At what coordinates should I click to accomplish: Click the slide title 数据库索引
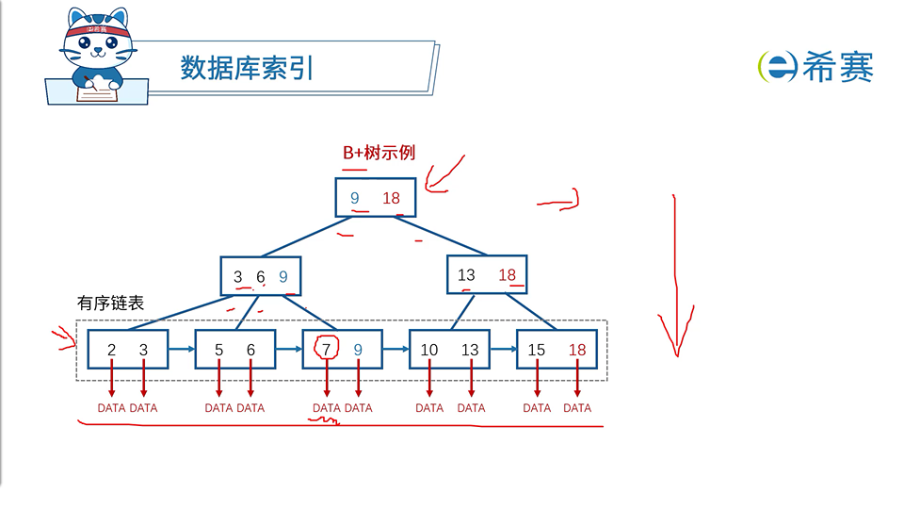tap(246, 68)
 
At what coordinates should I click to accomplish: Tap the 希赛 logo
tap(815, 66)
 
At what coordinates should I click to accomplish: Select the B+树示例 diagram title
tap(379, 152)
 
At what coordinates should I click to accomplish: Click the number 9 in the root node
tap(355, 198)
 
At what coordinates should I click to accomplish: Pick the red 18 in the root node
tap(392, 198)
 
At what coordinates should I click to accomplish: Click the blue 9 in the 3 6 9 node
tap(283, 277)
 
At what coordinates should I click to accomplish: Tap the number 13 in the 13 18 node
tap(466, 275)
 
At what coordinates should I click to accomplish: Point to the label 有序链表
tap(110, 304)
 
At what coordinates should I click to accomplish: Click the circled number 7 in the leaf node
tap(327, 350)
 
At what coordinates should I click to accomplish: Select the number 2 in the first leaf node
tap(111, 350)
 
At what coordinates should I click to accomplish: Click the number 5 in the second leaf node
tap(218, 350)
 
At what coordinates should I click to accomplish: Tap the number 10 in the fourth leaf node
tap(428, 350)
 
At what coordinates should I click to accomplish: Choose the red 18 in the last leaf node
tap(577, 350)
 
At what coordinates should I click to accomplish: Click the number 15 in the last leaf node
tap(537, 350)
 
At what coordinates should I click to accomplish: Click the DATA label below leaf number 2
tap(111, 408)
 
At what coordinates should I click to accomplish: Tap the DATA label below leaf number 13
tap(471, 408)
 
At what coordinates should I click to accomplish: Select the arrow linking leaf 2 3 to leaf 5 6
tap(181, 349)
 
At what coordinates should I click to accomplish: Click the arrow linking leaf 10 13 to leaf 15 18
tap(503, 349)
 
